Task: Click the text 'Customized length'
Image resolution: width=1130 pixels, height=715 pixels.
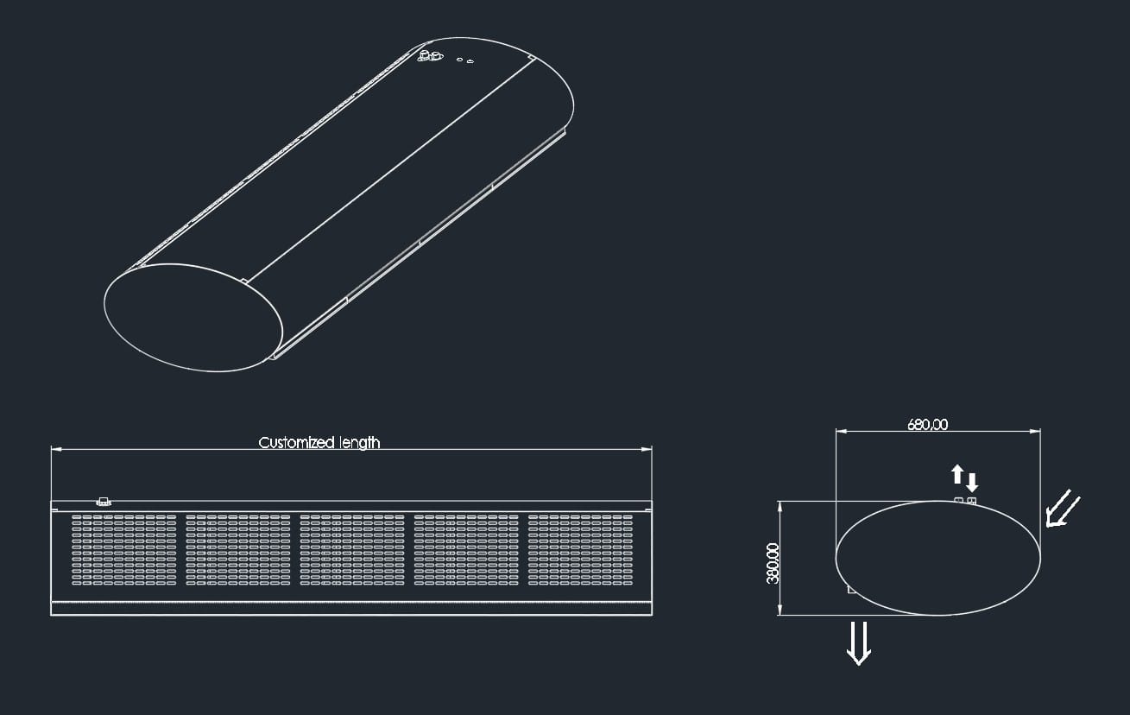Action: coord(319,442)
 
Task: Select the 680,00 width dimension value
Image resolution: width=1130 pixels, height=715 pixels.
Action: coord(927,424)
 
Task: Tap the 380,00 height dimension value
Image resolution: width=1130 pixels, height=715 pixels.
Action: coord(772,563)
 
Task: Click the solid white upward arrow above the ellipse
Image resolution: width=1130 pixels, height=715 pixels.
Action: coord(956,473)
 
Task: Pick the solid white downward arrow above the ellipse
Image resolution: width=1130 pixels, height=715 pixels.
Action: coord(972,482)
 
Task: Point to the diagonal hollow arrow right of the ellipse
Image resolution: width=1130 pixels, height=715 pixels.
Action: coord(1062,509)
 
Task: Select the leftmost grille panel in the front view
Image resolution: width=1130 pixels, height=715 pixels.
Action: coord(123,550)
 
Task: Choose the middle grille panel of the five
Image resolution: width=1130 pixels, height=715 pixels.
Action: coord(352,550)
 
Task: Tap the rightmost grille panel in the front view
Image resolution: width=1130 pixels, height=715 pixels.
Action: coord(580,550)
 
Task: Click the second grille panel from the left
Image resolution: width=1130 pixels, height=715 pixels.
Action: coord(238,550)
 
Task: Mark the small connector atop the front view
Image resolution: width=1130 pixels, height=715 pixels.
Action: coord(104,501)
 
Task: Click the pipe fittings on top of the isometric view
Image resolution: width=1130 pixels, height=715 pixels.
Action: coord(429,57)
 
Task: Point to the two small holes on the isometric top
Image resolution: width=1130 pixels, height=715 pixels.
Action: coord(465,61)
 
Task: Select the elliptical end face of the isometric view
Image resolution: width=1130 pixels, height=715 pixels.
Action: coord(193,318)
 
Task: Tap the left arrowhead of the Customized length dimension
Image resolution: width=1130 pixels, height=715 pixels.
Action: coord(55,449)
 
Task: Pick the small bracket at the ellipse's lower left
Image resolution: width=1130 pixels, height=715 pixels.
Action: coord(852,591)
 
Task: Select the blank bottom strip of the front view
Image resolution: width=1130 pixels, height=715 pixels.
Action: coord(351,608)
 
